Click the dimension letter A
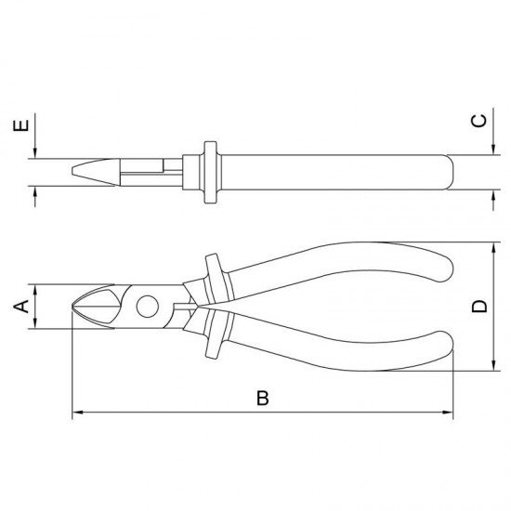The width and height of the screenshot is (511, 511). pos(21,307)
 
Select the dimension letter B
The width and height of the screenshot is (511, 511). pos(263,398)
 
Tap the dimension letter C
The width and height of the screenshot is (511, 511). pos(479,121)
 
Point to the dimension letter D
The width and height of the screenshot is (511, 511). pos(479,307)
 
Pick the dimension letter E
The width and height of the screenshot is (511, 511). pos(20,125)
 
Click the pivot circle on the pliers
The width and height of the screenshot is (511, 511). pos(148,307)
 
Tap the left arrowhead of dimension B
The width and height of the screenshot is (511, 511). pos(76,413)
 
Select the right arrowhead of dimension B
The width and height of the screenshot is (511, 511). pos(448,413)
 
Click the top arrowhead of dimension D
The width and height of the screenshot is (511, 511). pos(493,247)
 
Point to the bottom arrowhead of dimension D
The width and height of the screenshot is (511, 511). pos(493,366)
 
